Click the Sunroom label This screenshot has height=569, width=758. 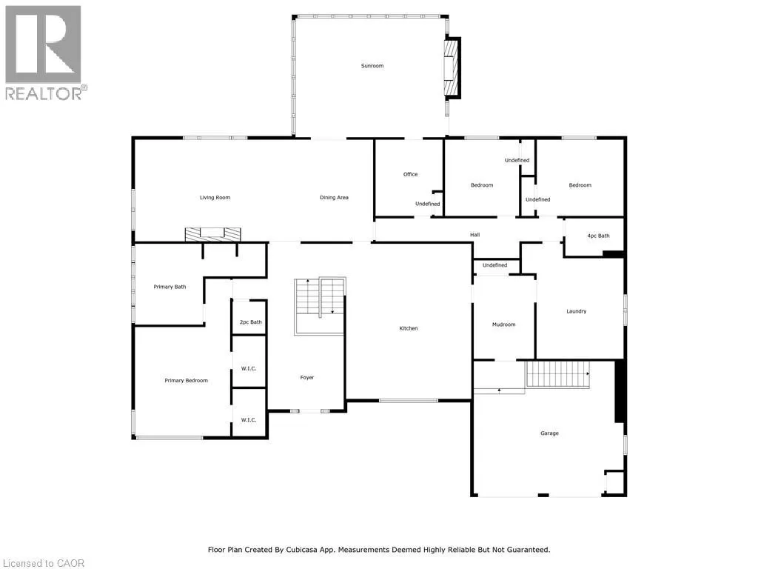click(x=372, y=66)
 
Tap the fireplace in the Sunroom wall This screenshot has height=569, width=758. click(x=452, y=67)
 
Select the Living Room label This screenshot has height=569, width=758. click(x=215, y=197)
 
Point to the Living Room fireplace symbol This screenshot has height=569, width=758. click(x=212, y=234)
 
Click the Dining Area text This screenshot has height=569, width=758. click(x=334, y=197)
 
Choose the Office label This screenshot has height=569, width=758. click(x=410, y=174)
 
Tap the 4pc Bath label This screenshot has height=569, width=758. click(x=598, y=236)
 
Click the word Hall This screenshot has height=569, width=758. click(x=475, y=235)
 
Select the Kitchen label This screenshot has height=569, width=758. click(x=409, y=328)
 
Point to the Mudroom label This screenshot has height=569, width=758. click(x=503, y=325)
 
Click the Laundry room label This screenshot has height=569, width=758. click(x=576, y=312)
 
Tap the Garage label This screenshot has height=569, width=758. click(x=550, y=433)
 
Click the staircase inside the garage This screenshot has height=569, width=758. click(x=558, y=374)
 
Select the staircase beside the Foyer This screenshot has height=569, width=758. click(x=320, y=306)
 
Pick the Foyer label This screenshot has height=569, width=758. click(x=307, y=377)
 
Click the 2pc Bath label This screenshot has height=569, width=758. click(x=251, y=322)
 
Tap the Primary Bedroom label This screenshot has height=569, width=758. click(x=186, y=381)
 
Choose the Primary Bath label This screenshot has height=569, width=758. click(x=170, y=287)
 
